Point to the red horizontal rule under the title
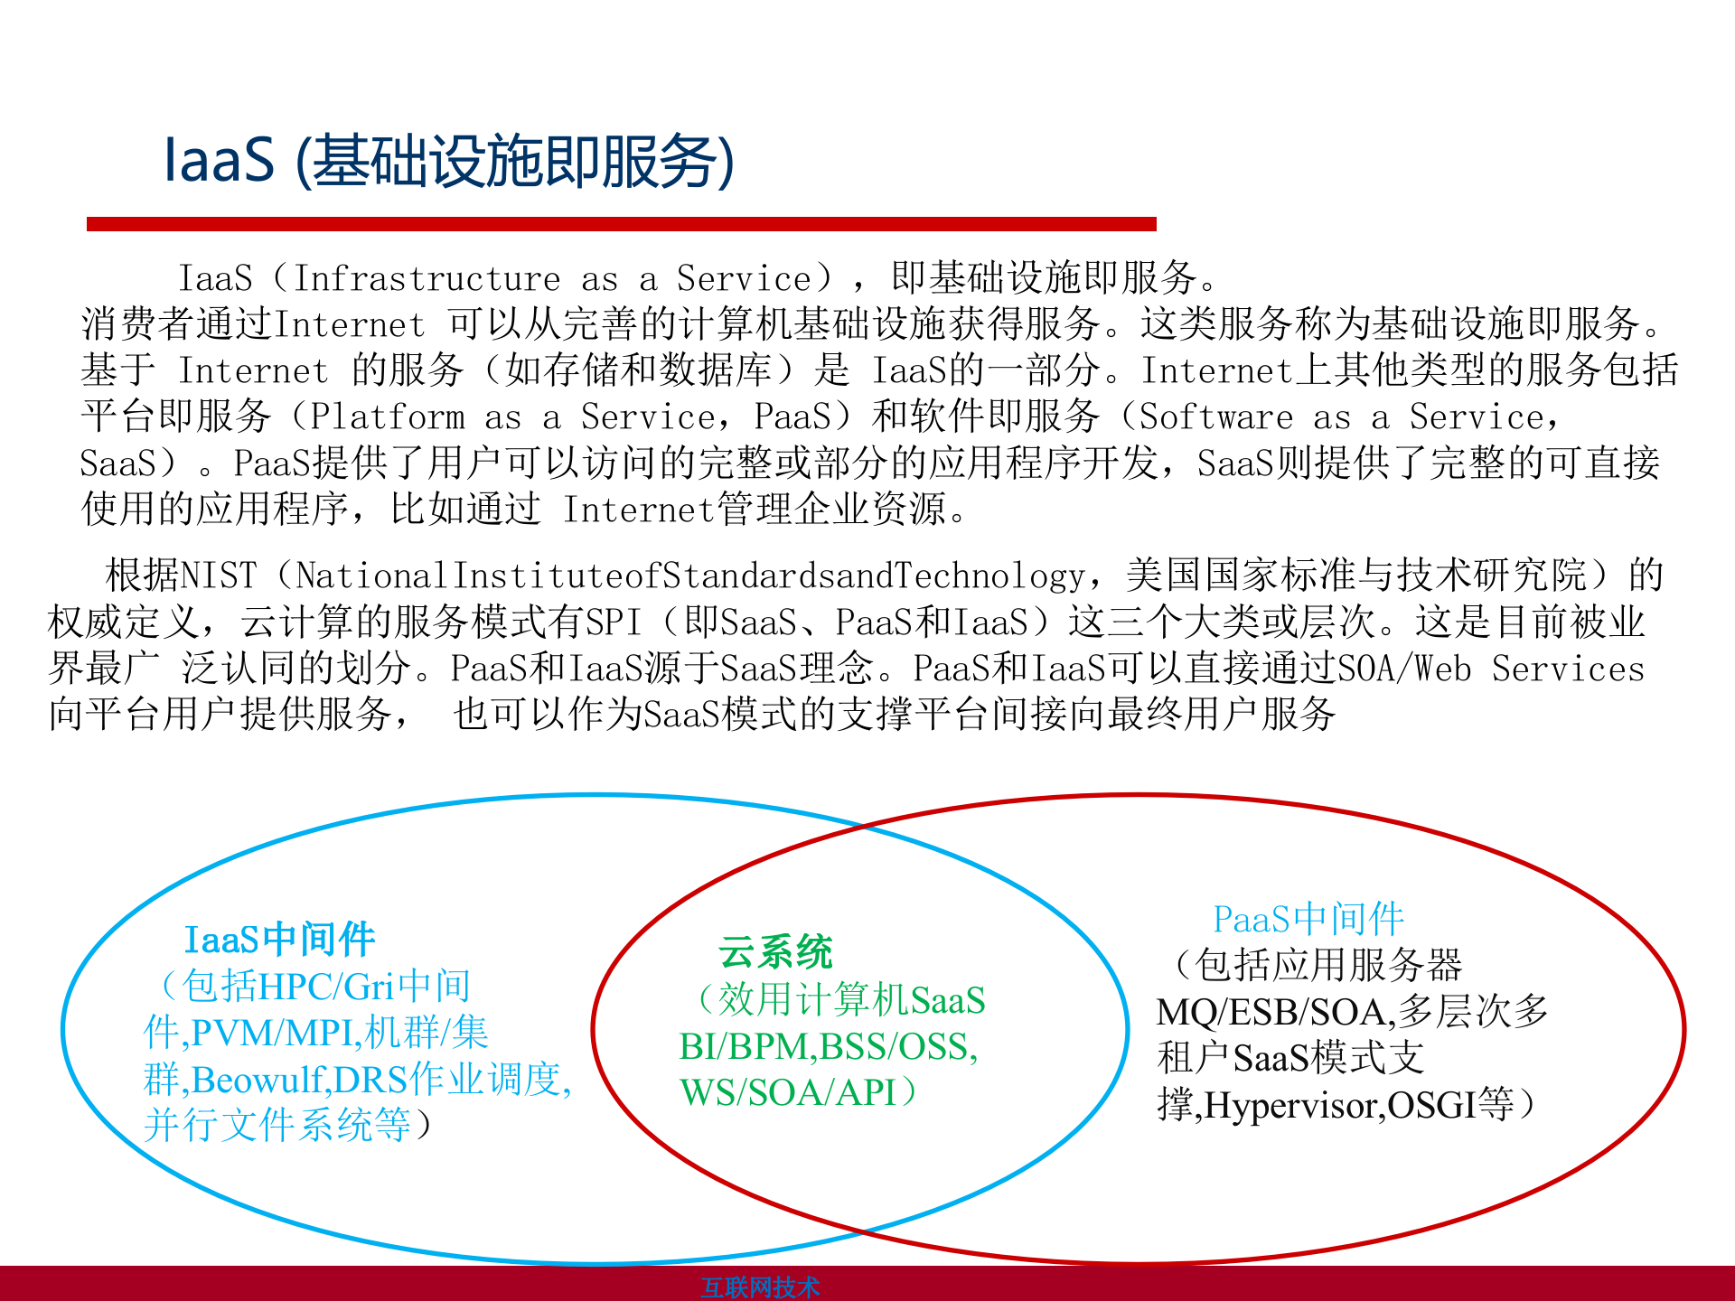(x=622, y=224)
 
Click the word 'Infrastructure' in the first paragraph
(x=427, y=278)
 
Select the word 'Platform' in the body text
(x=388, y=417)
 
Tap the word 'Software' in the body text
(x=1216, y=417)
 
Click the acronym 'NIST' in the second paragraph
(x=219, y=576)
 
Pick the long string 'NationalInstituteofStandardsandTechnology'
(x=690, y=576)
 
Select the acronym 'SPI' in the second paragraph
(x=614, y=622)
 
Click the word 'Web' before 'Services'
(x=1442, y=669)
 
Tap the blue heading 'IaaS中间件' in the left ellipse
(x=279, y=940)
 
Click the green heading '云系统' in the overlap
(x=775, y=952)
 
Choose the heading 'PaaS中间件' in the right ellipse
(x=1308, y=920)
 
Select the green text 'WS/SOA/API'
(x=788, y=1093)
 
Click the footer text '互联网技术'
(x=760, y=1287)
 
